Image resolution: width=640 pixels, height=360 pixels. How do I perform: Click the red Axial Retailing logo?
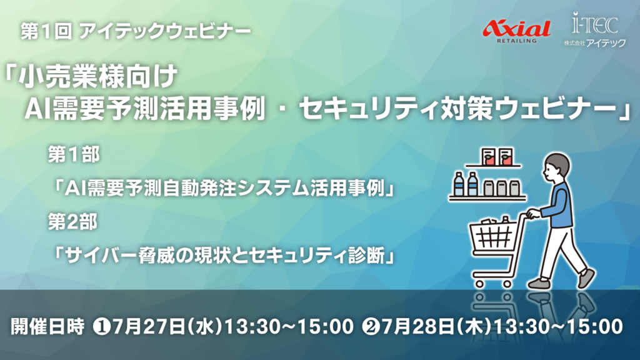tap(516, 31)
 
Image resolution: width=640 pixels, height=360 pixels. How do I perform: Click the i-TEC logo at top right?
tap(595, 29)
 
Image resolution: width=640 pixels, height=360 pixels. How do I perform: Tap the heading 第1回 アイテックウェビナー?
tap(136, 31)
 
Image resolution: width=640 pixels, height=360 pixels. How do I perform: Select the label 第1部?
tap(74, 155)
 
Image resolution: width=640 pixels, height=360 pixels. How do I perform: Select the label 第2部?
tap(72, 222)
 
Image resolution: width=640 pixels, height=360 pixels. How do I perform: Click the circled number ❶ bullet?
tap(102, 327)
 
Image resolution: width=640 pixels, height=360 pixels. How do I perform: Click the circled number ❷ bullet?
tap(371, 327)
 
